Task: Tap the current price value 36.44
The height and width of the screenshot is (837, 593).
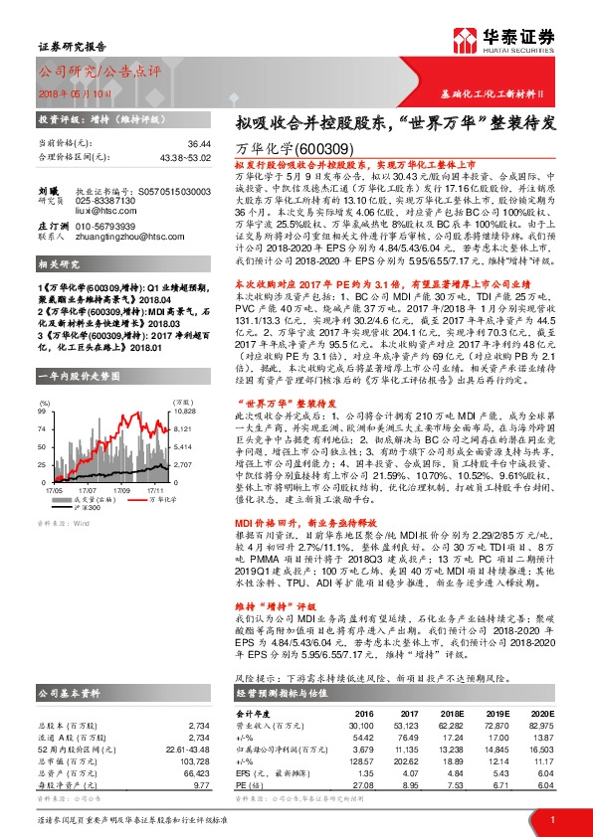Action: coord(197,143)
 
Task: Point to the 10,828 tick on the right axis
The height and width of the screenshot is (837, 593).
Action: coord(187,383)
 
